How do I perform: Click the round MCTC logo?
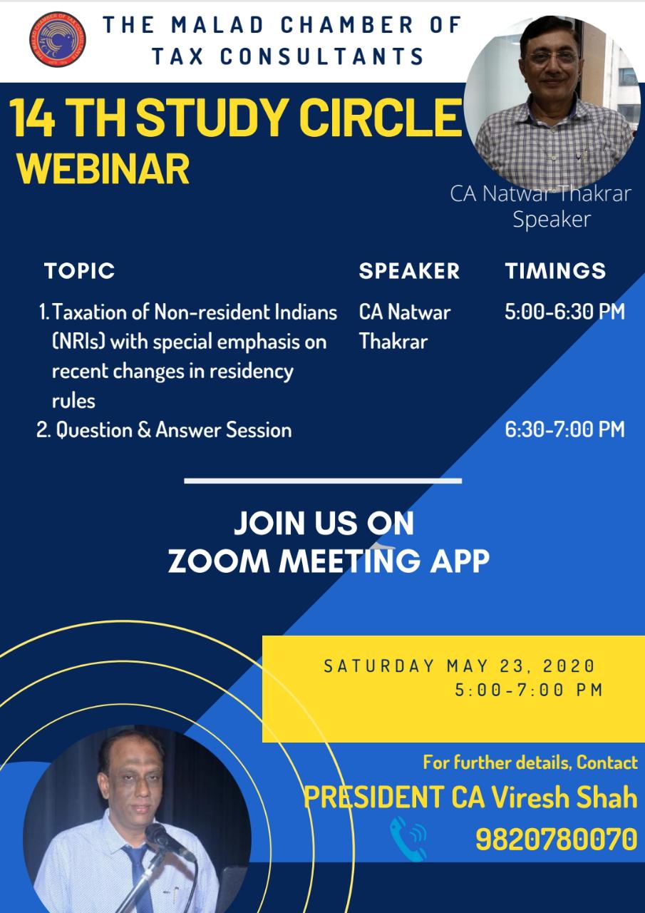tap(58, 39)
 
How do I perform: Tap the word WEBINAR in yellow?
tap(103, 169)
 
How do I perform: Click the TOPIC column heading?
tap(79, 271)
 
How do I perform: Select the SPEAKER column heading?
tap(409, 271)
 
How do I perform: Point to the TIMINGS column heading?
tap(555, 271)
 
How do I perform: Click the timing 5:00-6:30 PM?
tap(564, 312)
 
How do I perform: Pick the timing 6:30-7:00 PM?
tap(564, 429)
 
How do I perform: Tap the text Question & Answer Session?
tap(174, 430)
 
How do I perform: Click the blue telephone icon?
tap(408, 840)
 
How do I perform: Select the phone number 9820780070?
tap(556, 840)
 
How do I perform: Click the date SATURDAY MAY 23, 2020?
tap(459, 666)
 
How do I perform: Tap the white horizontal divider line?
tap(323, 481)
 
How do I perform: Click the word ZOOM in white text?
tap(219, 561)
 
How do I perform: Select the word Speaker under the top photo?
tap(552, 219)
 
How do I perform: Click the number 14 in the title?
tap(32, 118)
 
